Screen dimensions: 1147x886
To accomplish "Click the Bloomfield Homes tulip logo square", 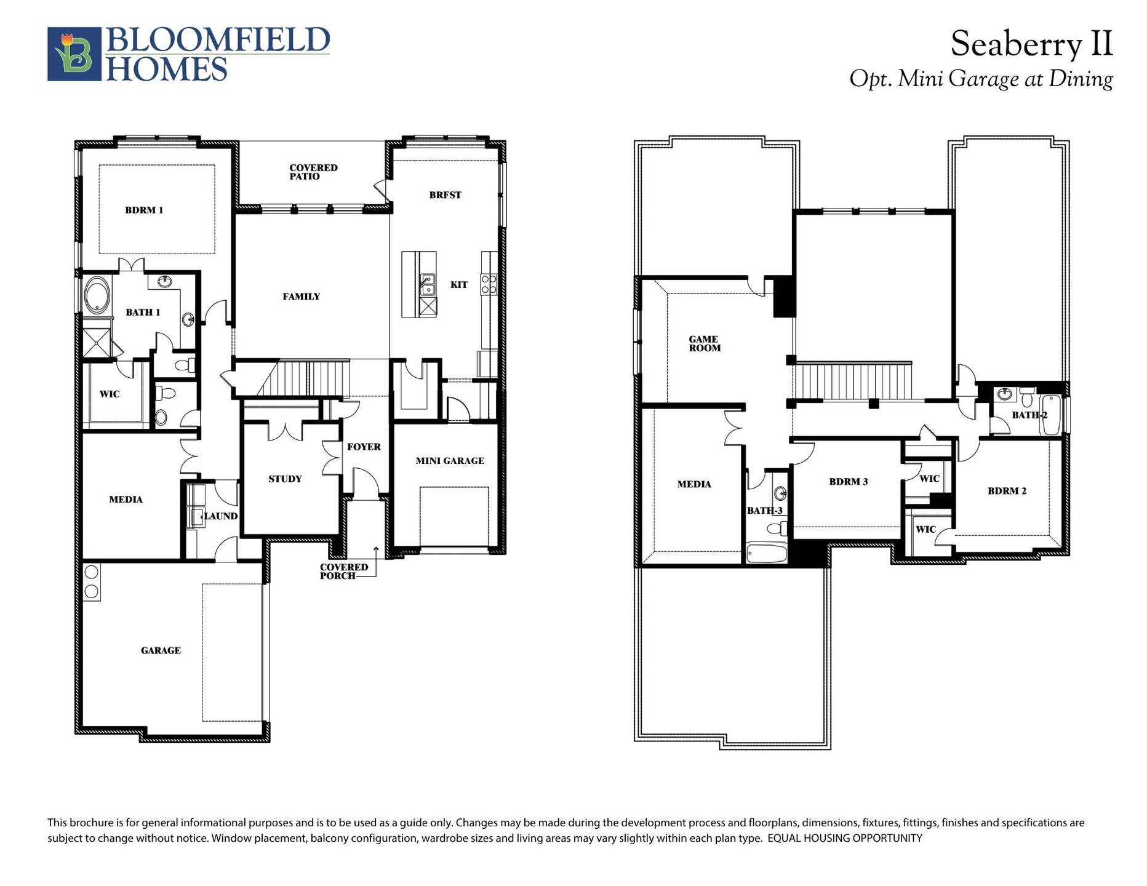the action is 74,54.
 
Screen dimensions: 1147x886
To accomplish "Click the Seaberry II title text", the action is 1031,44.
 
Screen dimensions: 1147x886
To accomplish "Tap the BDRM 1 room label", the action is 144,210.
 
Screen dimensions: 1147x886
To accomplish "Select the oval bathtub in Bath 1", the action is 97,296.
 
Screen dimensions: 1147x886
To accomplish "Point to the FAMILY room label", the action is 302,297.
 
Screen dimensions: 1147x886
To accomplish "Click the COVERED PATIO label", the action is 313,172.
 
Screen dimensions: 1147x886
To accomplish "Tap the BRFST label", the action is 445,195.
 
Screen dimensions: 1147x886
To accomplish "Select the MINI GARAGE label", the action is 450,461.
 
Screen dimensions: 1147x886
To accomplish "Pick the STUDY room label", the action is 285,479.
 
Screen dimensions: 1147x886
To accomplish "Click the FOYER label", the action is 364,447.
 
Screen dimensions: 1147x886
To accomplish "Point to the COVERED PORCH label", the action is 343,572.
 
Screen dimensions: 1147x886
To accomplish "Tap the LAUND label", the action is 220,516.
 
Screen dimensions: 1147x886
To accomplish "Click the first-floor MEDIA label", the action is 126,500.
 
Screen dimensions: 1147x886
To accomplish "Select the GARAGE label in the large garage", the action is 161,650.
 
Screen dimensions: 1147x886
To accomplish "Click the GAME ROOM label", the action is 705,343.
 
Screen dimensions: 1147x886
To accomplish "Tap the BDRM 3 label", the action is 849,482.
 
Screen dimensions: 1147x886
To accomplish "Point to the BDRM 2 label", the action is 1007,491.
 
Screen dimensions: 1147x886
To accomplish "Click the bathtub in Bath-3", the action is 767,553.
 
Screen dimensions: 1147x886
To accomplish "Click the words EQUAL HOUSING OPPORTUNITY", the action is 845,838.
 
